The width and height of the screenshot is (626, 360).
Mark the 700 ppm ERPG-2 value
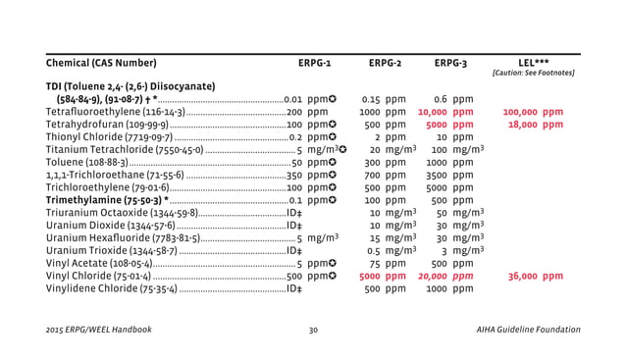(x=383, y=176)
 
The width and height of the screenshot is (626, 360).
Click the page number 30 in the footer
(x=313, y=331)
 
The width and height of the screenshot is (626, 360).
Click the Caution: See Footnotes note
(x=533, y=74)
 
